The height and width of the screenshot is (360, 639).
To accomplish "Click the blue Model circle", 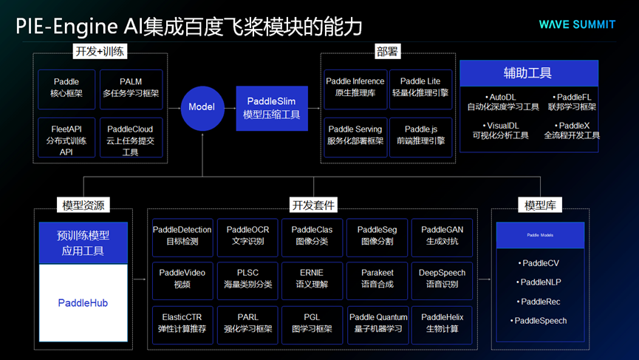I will [x=202, y=107].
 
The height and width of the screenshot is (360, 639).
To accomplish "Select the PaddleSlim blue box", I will [x=272, y=108].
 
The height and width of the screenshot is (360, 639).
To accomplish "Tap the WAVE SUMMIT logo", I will [x=577, y=24].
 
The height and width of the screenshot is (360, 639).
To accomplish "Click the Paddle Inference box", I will [x=355, y=87].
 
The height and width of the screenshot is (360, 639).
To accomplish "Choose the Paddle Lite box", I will [x=420, y=87].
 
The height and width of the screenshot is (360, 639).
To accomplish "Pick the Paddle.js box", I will [x=420, y=135].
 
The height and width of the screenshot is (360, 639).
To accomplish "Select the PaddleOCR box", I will [x=248, y=236].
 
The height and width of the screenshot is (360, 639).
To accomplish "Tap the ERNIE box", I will [x=312, y=278].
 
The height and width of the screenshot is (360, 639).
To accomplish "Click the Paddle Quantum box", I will [x=378, y=323].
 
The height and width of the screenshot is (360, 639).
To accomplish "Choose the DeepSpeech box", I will [x=442, y=278].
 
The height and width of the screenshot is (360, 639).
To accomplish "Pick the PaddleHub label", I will [x=83, y=303].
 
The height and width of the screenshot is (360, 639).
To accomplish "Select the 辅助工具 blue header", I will [x=529, y=73].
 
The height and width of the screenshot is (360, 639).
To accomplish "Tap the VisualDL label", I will [x=501, y=131].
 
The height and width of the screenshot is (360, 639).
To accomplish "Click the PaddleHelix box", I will [x=442, y=323].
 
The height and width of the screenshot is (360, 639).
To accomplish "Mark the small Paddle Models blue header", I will [x=540, y=235].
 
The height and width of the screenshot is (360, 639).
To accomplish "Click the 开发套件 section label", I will [x=313, y=205].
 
